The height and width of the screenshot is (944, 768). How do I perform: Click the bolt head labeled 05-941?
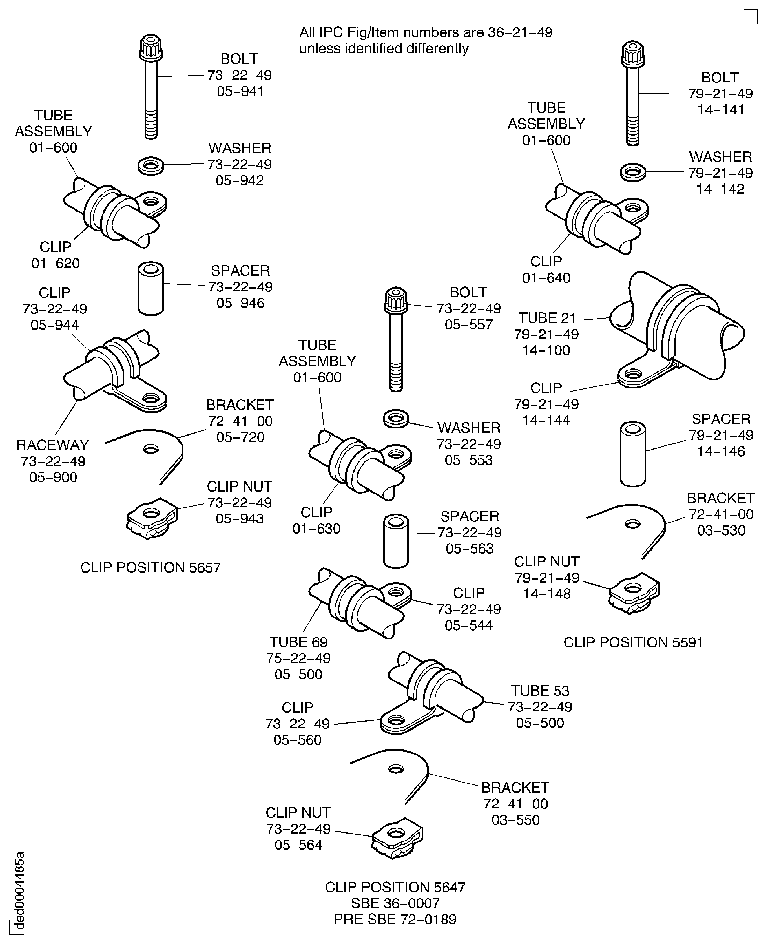(x=151, y=48)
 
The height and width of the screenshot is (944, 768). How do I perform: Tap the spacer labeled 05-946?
(x=151, y=289)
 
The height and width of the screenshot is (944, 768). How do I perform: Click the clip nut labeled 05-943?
(x=152, y=518)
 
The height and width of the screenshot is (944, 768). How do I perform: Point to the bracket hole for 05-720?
(x=151, y=450)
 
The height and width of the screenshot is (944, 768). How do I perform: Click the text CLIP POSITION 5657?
(x=150, y=567)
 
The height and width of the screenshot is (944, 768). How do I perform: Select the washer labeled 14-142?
(x=633, y=172)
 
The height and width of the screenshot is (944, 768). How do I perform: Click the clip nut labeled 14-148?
(x=634, y=593)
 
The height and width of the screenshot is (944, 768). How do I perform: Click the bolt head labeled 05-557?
(x=396, y=300)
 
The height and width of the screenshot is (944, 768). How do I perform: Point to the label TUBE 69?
(x=299, y=642)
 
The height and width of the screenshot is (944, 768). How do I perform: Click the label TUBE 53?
(x=540, y=691)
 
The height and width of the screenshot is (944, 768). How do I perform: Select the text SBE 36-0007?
(x=395, y=903)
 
